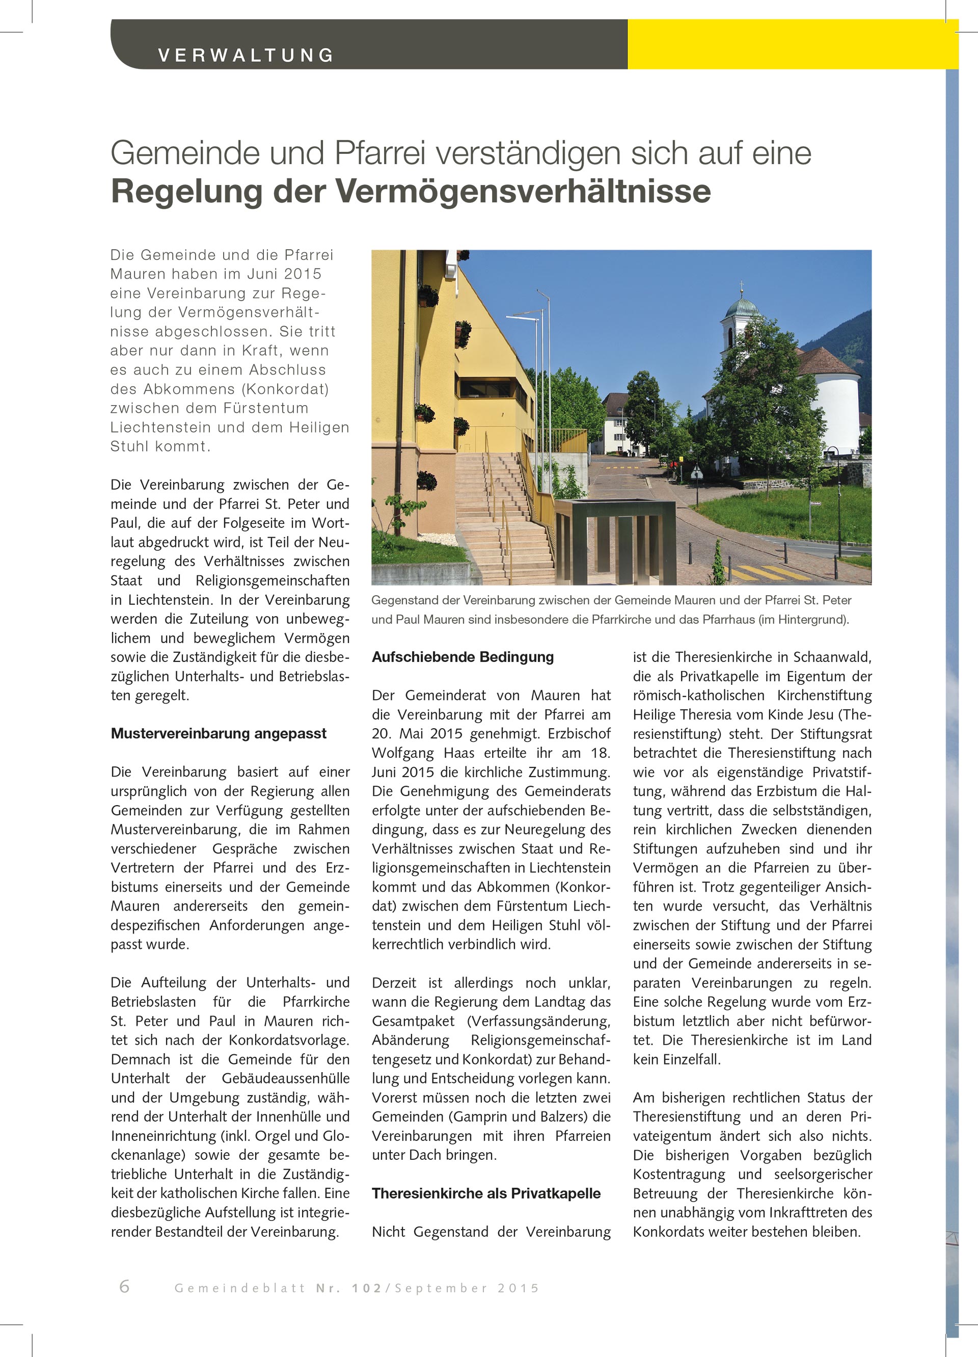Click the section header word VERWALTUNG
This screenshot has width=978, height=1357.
245,55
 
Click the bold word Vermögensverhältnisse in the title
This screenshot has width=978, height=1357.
524,192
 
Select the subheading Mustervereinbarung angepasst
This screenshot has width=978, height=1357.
219,734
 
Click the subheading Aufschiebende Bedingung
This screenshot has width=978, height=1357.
463,657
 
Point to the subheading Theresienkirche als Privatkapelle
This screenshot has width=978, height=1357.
486,1193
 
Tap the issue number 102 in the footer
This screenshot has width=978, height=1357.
367,1288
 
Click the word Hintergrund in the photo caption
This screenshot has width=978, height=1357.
812,620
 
